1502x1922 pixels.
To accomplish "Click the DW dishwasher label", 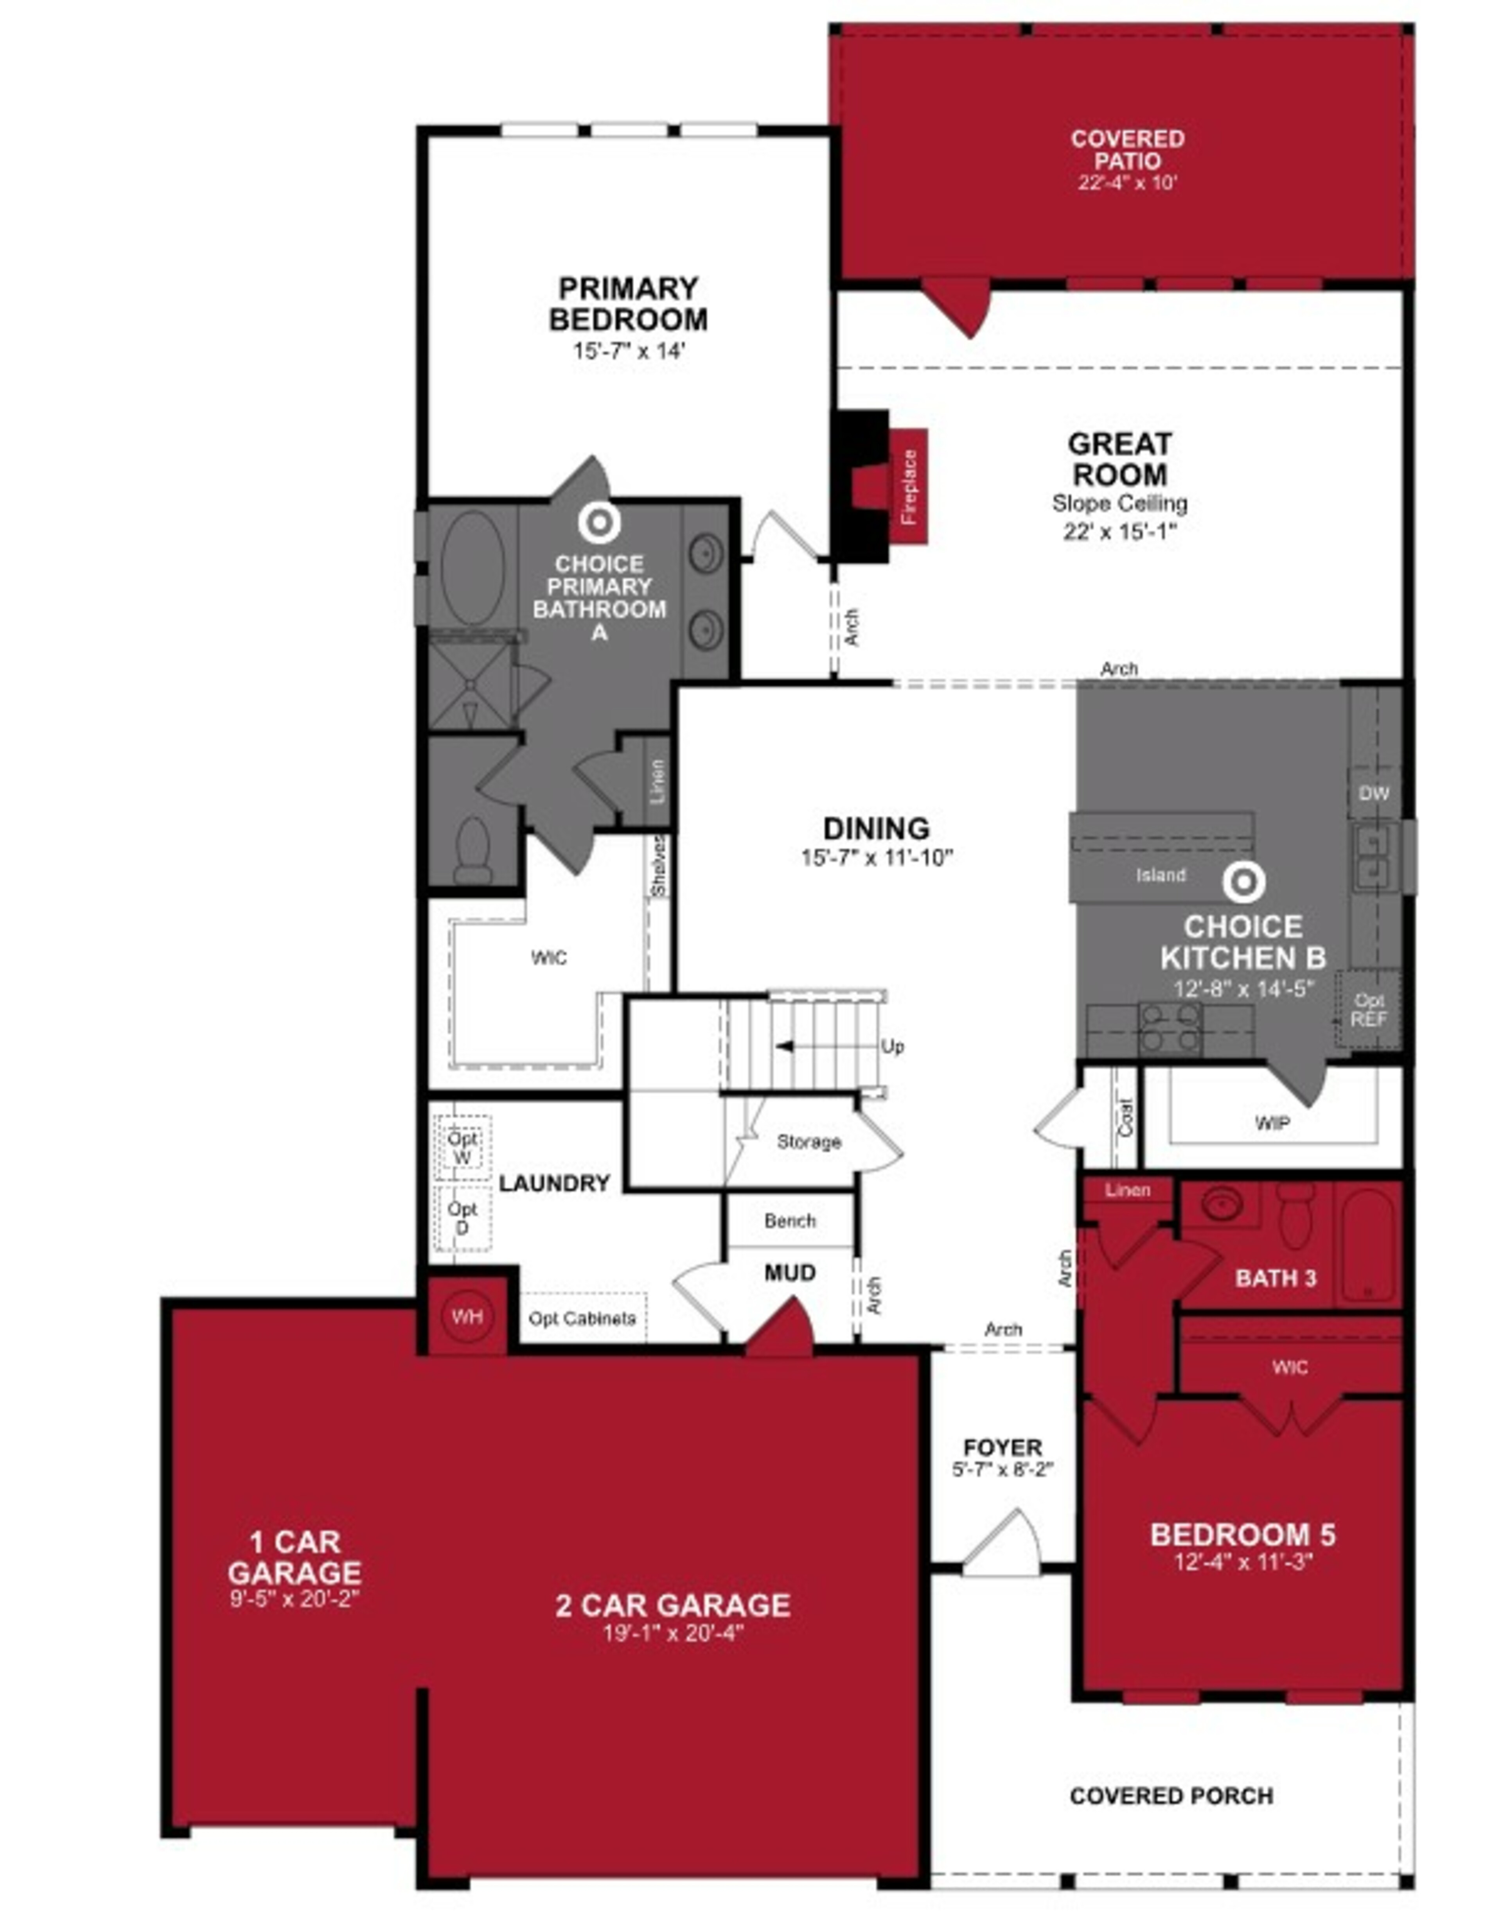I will (1373, 793).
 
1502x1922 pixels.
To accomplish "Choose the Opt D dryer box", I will (462, 1218).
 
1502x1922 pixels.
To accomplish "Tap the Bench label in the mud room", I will (790, 1221).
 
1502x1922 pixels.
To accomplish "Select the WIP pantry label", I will (1272, 1123).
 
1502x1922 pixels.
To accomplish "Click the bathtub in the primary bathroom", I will (474, 568).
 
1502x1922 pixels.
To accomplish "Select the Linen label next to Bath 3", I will (1127, 1190).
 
